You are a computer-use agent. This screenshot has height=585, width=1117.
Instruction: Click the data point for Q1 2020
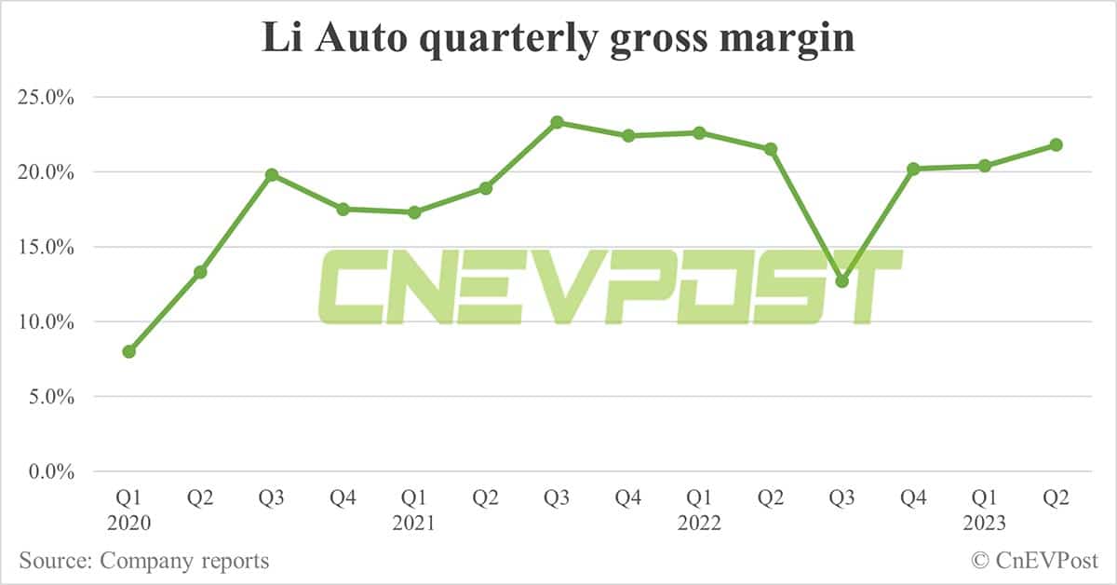(129, 351)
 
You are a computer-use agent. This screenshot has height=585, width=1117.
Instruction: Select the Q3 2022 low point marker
(842, 280)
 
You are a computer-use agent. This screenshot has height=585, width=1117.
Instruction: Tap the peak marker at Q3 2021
(557, 122)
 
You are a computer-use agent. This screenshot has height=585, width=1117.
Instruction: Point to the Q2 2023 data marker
(1056, 144)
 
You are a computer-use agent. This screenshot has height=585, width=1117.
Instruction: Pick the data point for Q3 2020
(272, 174)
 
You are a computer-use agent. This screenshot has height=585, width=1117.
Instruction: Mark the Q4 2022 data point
(913, 169)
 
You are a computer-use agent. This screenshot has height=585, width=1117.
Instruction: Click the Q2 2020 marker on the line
(200, 272)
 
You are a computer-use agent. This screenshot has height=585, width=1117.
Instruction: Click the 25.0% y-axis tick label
(46, 97)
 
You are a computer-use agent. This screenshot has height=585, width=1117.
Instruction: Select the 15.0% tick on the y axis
(46, 247)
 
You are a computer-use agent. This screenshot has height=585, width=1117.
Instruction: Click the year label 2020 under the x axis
(128, 524)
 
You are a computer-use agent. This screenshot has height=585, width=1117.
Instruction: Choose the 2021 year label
(413, 524)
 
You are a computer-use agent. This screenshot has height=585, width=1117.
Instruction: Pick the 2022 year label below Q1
(699, 524)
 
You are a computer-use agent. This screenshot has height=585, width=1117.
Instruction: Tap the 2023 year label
(984, 524)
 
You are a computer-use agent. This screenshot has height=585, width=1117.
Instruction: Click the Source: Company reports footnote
(143, 561)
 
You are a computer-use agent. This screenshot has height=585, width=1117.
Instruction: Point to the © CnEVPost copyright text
(1034, 561)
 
